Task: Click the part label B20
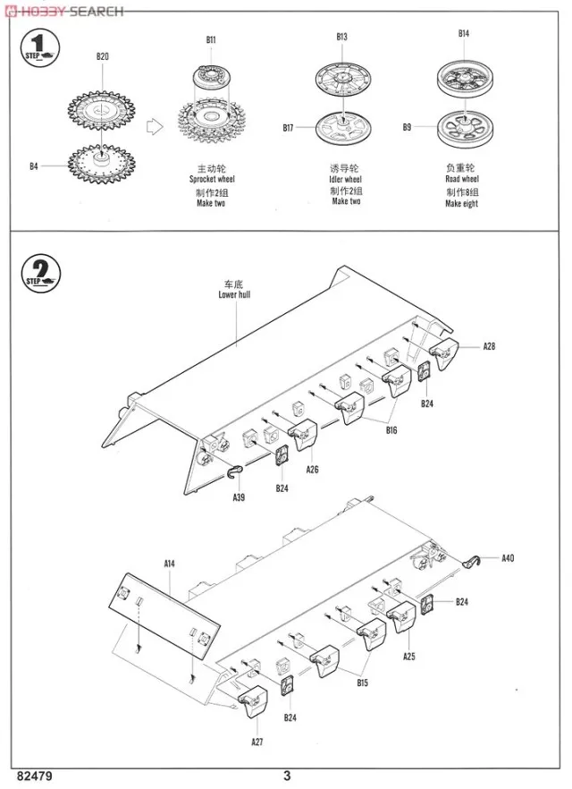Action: (x=103, y=57)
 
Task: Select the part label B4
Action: (x=34, y=165)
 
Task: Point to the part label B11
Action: (x=211, y=39)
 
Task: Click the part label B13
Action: (x=341, y=37)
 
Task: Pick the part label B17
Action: (x=288, y=128)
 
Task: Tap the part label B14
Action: (x=463, y=34)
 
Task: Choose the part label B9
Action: (x=407, y=128)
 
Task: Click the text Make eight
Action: (x=461, y=204)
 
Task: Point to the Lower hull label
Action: (x=234, y=293)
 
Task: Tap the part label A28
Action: (x=489, y=345)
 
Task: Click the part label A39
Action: (x=239, y=497)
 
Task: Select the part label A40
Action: (x=508, y=558)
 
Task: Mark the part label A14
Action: (x=169, y=564)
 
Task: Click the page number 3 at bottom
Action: (x=287, y=776)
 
